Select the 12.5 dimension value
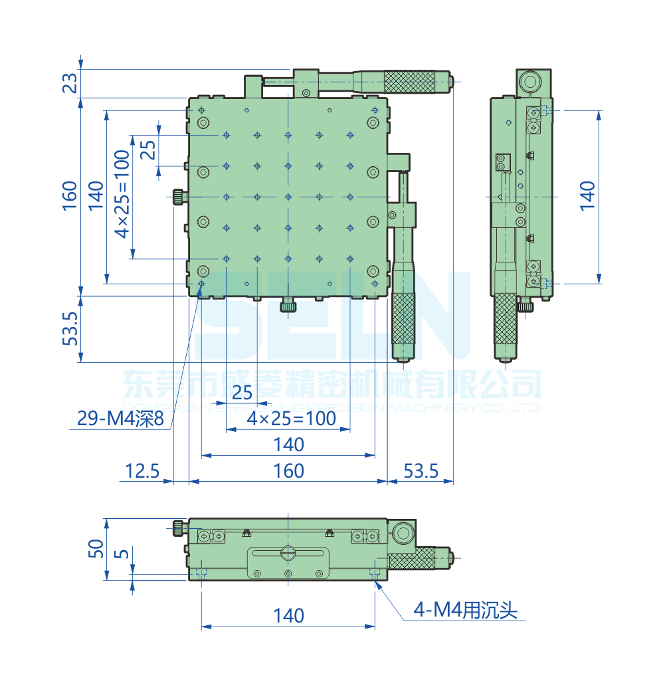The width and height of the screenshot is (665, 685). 143,471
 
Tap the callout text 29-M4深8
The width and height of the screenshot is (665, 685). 120,419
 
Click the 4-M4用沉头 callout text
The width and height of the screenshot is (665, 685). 465,609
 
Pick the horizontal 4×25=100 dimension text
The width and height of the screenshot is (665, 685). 291,419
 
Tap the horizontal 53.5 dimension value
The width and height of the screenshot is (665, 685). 421,471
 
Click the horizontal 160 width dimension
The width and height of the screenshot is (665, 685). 288,471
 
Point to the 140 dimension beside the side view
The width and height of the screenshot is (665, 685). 587,196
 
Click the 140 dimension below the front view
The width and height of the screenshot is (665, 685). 288,616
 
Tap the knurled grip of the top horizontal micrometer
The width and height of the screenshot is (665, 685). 410,81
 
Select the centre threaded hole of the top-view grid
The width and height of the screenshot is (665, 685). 288,197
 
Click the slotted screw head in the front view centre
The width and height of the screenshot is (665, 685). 288,552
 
